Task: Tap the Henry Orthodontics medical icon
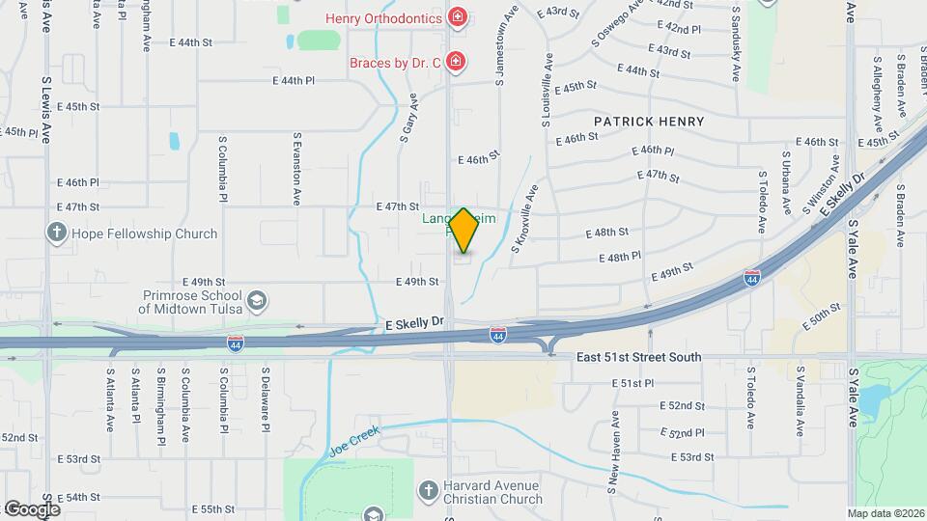click(457, 17)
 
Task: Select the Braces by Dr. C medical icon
click(457, 63)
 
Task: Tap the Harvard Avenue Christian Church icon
click(428, 492)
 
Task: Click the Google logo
click(31, 508)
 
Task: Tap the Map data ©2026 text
click(885, 513)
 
